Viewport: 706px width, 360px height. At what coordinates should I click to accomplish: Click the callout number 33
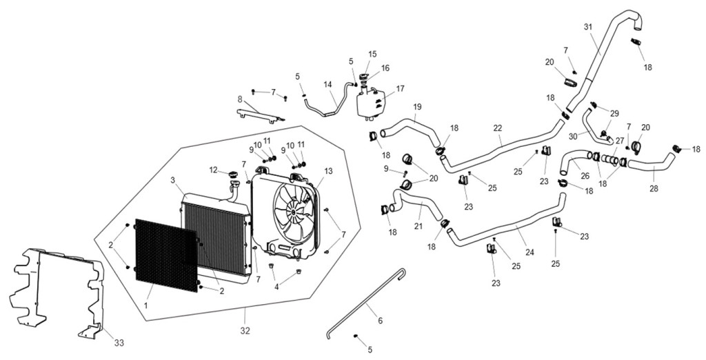[119, 343]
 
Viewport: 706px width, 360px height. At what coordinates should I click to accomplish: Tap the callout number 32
[245, 331]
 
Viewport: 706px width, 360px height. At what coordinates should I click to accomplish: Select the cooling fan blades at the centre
[292, 212]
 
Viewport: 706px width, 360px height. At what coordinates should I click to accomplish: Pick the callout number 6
[381, 321]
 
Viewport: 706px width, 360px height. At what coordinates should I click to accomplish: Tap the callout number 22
[497, 128]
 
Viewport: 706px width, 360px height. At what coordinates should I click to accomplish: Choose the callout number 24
[529, 252]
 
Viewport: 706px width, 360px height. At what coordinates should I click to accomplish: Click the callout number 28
[654, 189]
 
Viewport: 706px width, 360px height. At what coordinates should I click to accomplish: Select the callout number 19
[417, 107]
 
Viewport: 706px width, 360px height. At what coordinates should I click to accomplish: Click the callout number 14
[327, 84]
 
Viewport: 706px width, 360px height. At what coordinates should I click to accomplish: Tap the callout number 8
[240, 99]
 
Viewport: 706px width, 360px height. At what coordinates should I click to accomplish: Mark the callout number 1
[146, 306]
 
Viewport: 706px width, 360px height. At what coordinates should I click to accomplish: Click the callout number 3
[172, 180]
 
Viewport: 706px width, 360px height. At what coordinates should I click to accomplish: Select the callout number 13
[328, 171]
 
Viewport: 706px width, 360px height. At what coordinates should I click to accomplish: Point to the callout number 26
[585, 177]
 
